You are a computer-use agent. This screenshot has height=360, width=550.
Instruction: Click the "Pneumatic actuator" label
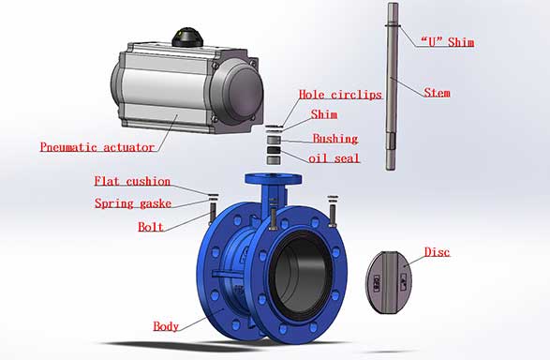(x=97, y=147)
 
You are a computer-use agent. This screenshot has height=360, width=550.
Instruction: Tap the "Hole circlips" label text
(x=340, y=95)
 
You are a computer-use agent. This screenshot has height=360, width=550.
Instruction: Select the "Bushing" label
(x=335, y=139)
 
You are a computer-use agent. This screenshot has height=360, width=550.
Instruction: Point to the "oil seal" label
(x=334, y=158)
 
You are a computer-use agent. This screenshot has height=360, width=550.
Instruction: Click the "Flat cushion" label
(x=133, y=181)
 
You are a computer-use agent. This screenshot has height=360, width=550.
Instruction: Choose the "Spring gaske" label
(x=133, y=203)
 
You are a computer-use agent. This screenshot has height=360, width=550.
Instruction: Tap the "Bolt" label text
(x=151, y=227)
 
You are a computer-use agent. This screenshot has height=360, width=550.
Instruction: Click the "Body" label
(x=166, y=326)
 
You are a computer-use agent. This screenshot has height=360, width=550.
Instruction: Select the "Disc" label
(x=437, y=252)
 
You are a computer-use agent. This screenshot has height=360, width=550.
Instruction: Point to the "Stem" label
(x=437, y=93)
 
